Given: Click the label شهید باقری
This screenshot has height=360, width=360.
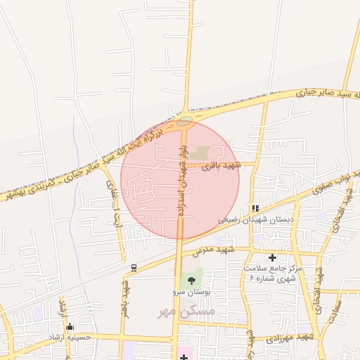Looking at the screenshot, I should click(221, 167).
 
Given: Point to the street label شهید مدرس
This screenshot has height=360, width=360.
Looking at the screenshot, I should click(234, 250).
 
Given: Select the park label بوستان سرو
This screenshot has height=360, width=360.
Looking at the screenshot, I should click(192, 292).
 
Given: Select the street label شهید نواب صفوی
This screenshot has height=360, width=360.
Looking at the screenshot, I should click(342, 184).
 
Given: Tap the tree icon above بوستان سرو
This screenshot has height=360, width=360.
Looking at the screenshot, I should click(192, 281).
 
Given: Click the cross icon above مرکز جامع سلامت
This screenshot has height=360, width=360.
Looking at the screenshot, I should click(272, 257).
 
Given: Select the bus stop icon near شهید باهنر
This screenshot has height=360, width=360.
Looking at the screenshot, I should click(134, 267).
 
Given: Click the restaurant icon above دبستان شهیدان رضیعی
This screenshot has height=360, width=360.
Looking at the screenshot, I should click(255, 208).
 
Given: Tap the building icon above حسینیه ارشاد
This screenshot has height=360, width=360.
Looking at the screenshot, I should click(70, 326).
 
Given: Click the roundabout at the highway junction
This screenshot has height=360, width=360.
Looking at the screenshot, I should click(184, 121).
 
